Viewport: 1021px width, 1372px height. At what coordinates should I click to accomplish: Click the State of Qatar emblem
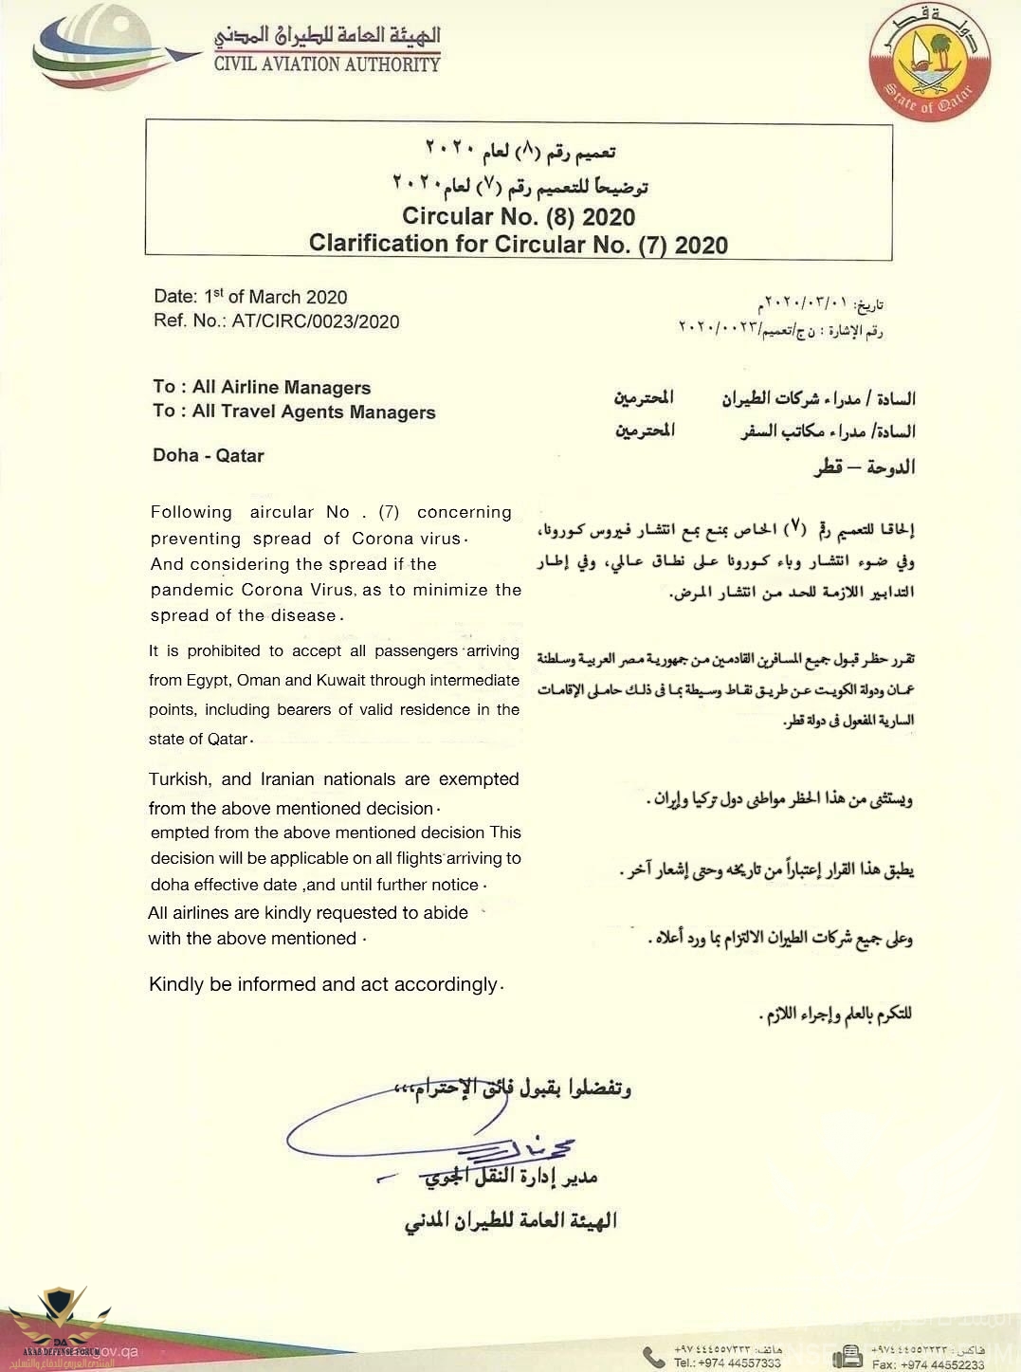(x=930, y=63)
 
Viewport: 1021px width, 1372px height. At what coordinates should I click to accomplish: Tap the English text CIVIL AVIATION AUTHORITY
(x=327, y=64)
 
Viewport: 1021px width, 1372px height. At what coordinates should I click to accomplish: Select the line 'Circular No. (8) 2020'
(x=519, y=216)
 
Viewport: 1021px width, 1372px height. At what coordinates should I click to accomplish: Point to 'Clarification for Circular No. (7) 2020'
(x=519, y=244)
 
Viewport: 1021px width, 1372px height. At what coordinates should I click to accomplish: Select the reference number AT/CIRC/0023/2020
(x=316, y=321)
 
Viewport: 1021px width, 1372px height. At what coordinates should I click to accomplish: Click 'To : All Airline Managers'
(x=262, y=387)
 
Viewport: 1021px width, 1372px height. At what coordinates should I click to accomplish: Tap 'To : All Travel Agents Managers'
(x=294, y=412)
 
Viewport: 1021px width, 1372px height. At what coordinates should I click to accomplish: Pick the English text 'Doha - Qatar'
(x=209, y=455)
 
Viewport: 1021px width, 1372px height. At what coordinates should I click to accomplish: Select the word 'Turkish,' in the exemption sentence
(x=180, y=779)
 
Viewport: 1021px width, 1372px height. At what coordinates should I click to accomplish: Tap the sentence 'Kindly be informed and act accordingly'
(x=324, y=984)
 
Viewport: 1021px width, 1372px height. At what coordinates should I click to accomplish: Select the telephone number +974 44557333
(x=727, y=1363)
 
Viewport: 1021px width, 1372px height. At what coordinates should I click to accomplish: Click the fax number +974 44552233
(x=928, y=1364)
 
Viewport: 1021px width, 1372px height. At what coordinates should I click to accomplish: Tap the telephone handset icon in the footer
(x=653, y=1357)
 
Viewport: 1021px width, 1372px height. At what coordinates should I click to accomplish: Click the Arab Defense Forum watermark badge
(x=59, y=1324)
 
